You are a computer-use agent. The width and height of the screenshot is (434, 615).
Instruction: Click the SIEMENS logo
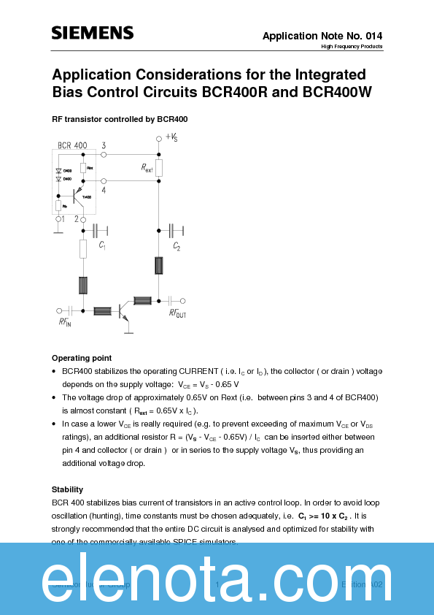click(x=93, y=33)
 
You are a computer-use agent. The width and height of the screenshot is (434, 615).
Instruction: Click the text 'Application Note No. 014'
click(x=322, y=36)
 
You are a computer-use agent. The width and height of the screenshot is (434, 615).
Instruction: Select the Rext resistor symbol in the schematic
click(x=159, y=168)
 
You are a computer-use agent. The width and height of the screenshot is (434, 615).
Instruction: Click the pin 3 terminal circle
click(x=104, y=155)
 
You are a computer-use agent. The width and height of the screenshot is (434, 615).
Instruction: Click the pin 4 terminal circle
click(x=104, y=180)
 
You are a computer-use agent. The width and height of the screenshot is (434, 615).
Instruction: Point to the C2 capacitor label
click(x=177, y=246)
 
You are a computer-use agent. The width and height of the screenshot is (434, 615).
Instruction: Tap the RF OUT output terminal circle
click(x=182, y=300)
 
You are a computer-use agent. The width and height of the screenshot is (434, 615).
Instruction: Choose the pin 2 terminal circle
click(x=84, y=218)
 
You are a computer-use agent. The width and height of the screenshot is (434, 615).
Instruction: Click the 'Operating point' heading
click(x=82, y=358)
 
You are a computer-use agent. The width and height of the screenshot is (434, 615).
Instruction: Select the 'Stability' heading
click(x=67, y=489)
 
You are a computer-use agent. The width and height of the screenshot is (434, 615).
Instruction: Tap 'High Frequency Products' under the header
click(x=352, y=47)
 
